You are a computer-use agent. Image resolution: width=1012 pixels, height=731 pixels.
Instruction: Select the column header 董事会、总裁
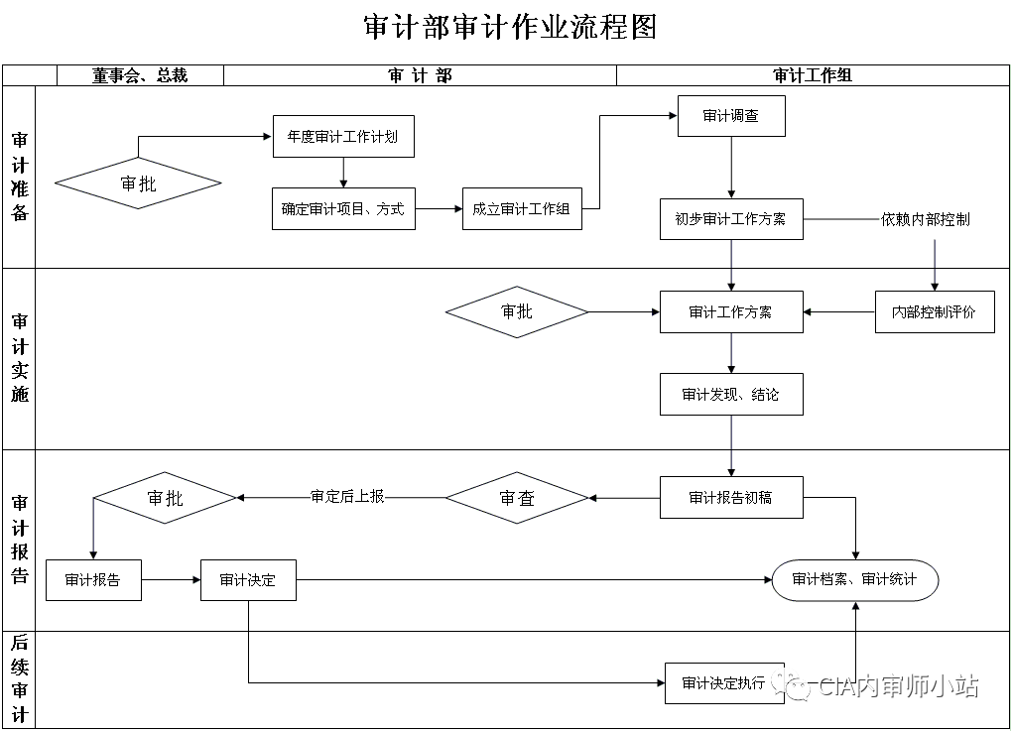tap(140, 75)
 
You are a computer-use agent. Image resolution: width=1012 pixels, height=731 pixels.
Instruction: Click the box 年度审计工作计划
tap(343, 137)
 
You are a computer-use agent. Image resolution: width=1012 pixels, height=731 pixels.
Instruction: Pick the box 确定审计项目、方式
tap(343, 209)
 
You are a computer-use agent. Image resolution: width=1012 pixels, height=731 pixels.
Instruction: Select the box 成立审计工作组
tap(522, 209)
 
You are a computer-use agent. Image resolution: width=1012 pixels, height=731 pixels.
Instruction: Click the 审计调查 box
tap(731, 116)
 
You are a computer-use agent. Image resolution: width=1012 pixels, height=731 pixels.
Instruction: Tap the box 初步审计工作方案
tap(731, 219)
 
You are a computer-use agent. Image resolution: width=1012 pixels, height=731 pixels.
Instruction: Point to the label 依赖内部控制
tap(925, 219)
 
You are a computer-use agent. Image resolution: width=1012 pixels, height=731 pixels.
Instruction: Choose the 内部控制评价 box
tap(934, 311)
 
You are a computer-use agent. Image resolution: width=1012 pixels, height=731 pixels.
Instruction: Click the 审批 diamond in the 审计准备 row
tap(138, 183)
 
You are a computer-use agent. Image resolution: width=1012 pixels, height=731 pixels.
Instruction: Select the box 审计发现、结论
tap(731, 395)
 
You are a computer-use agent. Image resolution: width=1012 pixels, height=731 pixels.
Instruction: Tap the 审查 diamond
tap(517, 498)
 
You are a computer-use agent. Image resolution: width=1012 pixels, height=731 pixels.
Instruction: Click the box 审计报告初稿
tap(731, 498)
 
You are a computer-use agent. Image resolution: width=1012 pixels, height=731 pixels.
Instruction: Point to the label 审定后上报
tap(347, 497)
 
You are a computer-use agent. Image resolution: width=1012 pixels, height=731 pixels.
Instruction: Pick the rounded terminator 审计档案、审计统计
tap(854, 580)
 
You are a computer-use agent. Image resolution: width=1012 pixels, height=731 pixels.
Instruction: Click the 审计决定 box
tap(248, 580)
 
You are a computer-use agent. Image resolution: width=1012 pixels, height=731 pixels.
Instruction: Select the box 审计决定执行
tap(724, 682)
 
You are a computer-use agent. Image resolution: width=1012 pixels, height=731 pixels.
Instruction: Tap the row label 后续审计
tap(19, 679)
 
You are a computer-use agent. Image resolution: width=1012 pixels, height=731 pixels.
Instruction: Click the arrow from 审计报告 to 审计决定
tap(171, 580)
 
